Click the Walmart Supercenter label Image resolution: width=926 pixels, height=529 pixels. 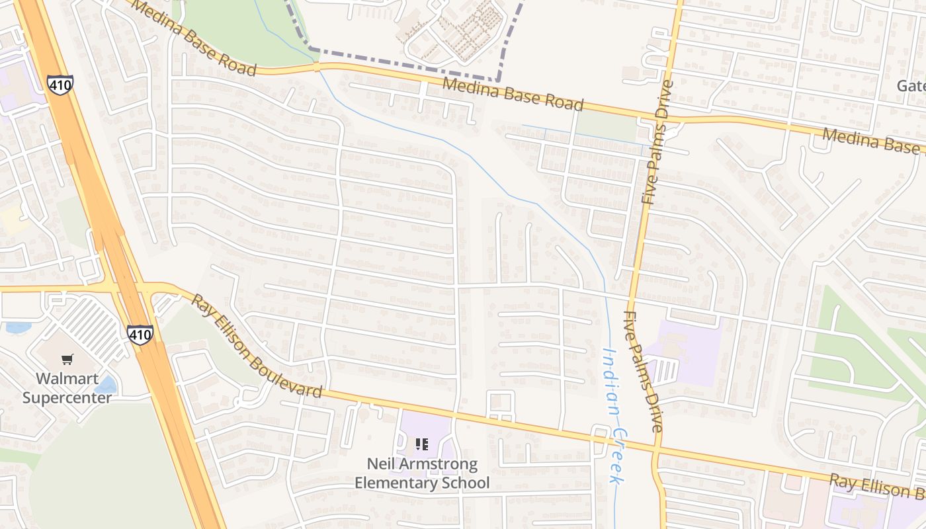tap(67, 388)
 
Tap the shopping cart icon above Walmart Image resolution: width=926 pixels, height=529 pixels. tap(67, 360)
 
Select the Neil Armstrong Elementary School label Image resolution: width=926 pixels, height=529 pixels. tap(422, 473)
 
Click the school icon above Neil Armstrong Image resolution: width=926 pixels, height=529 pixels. tap(422, 444)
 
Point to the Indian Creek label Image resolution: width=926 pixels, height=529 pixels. tap(614, 417)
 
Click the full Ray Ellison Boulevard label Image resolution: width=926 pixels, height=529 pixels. tap(257, 347)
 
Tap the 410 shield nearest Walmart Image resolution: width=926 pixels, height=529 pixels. tap(140, 334)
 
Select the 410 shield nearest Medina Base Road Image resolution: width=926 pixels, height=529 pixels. tap(60, 84)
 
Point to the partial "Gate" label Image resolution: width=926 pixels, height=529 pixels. tap(911, 86)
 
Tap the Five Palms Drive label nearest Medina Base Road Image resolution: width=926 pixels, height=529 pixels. tap(658, 142)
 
